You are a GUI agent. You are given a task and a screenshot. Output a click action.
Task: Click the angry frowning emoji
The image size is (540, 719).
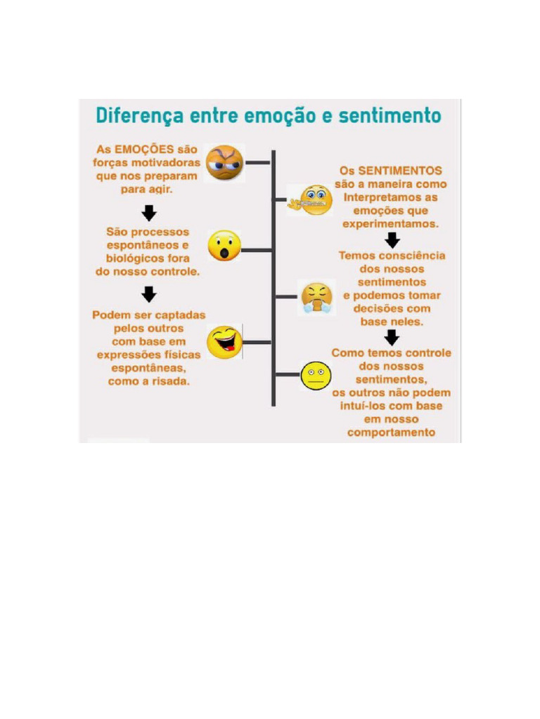224,162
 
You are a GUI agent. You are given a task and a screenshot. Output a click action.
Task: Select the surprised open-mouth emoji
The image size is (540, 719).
224,246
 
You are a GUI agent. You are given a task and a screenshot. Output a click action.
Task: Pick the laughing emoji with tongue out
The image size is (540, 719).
224,342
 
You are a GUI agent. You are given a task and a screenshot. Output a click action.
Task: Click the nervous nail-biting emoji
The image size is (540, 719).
314,201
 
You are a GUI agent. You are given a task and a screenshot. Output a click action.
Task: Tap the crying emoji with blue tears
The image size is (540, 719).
317,297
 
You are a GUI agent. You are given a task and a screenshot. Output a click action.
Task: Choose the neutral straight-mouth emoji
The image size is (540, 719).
315,376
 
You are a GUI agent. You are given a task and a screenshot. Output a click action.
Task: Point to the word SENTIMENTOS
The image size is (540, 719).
401,171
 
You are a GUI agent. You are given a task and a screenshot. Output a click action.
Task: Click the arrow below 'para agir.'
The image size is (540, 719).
149,212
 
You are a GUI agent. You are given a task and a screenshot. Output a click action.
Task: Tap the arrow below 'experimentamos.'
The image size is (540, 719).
392,240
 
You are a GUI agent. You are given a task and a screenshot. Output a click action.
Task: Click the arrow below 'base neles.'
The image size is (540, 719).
392,337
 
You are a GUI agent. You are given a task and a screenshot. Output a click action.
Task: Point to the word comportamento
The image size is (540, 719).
392,433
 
